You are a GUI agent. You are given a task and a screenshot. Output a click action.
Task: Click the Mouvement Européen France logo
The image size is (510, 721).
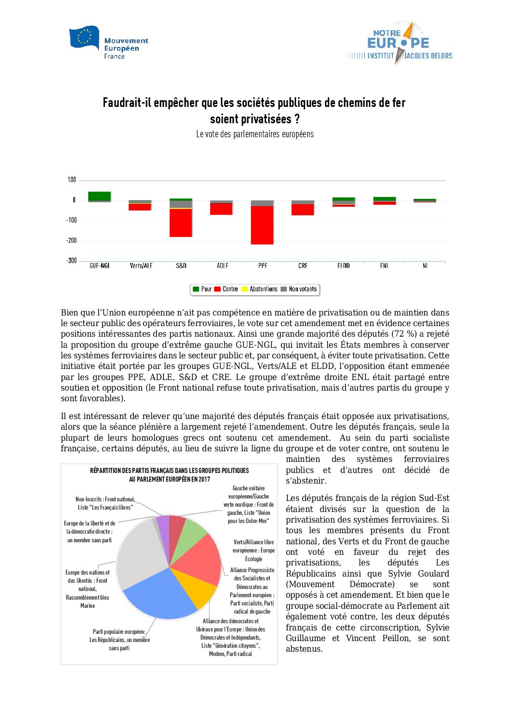pos(109,43)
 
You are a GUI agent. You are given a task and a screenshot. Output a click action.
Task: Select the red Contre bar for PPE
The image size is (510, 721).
pos(262,225)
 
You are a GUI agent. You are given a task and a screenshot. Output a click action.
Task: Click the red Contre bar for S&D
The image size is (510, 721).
pos(181,223)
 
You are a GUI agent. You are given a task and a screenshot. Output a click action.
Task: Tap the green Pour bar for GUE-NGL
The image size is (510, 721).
pos(99,196)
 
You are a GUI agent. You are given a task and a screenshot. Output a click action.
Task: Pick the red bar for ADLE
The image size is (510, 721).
pos(221,209)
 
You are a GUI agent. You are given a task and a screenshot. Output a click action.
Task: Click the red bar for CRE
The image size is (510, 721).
pos(303,210)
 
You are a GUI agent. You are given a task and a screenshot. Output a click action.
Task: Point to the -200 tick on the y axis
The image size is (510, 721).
pos(71,240)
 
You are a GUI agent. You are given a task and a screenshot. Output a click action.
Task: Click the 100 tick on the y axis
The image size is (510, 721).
pos(72,180)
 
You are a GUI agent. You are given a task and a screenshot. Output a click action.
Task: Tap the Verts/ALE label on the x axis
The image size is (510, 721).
pos(141,266)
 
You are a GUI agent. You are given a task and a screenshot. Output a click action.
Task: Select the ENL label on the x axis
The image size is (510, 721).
pos(384,266)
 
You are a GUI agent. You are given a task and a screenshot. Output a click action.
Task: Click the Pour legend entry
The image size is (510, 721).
pos(202,289)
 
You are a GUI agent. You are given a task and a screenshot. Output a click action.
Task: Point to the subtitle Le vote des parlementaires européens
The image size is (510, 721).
pos(255,134)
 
